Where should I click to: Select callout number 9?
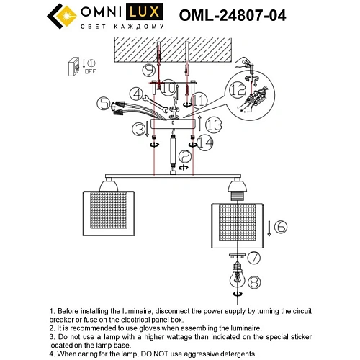click(148, 71)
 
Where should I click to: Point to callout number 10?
click(167, 88)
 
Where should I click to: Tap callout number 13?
click(211, 125)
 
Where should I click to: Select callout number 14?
click(207, 144)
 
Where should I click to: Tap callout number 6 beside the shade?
click(280, 226)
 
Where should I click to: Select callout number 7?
click(254, 257)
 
